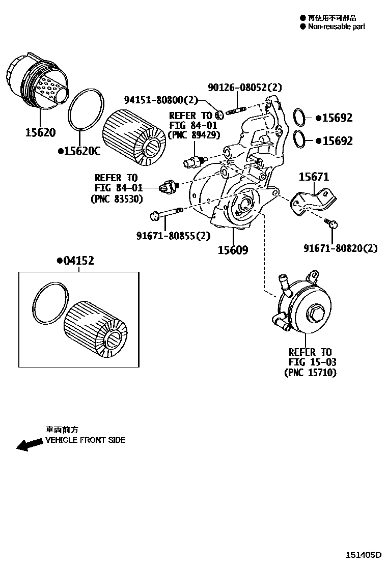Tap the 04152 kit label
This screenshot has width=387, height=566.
point(78,261)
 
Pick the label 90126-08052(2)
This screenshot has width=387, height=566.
point(244,88)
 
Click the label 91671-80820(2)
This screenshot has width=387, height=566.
point(340,248)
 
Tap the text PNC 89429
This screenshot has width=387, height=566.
point(193,135)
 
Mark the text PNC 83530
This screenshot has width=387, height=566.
point(116,199)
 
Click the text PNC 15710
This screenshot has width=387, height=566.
point(310,373)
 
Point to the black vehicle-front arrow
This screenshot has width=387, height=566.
point(29,445)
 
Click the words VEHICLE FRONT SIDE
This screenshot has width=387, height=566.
point(85,440)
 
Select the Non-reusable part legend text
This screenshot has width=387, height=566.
point(336,26)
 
